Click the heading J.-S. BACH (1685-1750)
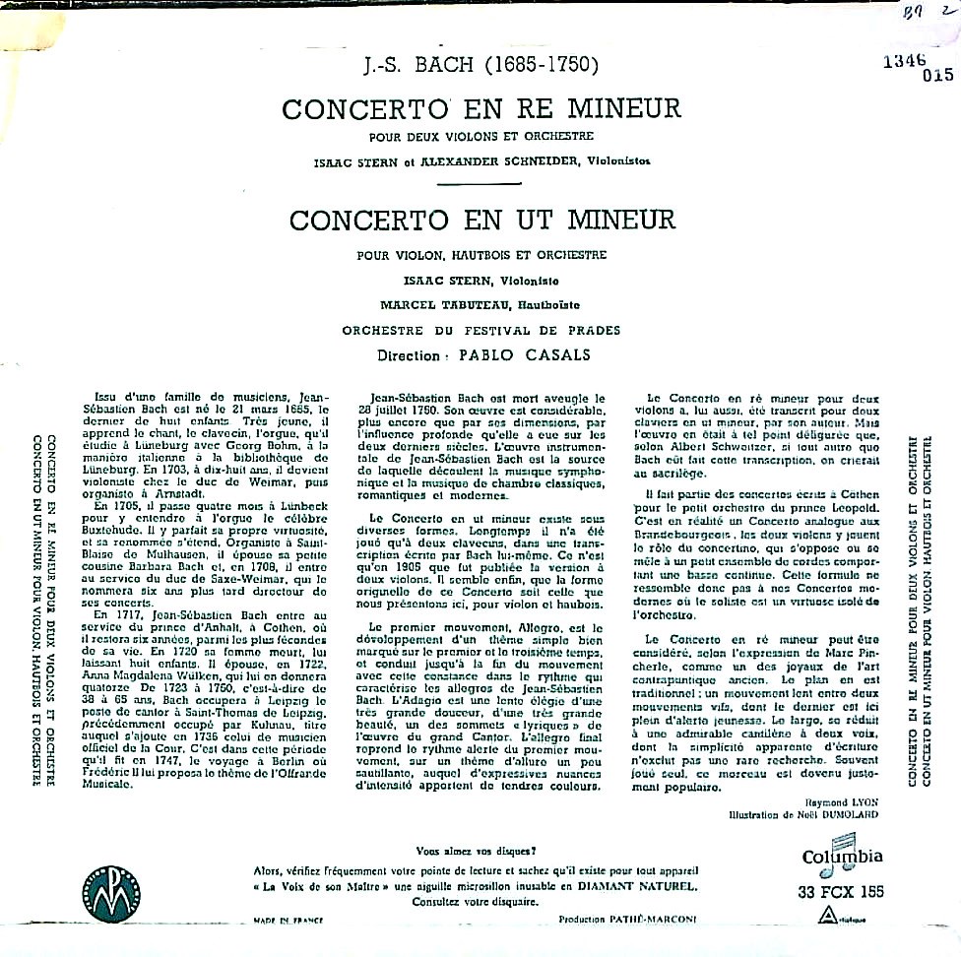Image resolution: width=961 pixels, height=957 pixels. pyautogui.click(x=480, y=69)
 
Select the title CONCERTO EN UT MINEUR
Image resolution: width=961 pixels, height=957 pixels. pyautogui.click(x=481, y=217)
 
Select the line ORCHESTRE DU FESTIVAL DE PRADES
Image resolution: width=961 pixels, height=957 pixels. pyautogui.click(x=480, y=330)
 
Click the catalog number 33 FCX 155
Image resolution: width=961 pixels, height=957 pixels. pyautogui.click(x=837, y=892)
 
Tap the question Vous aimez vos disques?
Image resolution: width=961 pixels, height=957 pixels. pyautogui.click(x=479, y=851)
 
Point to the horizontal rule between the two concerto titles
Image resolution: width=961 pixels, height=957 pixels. pyautogui.click(x=480, y=183)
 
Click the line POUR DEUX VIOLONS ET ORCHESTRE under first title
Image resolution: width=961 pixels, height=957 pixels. pyautogui.click(x=481, y=136)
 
